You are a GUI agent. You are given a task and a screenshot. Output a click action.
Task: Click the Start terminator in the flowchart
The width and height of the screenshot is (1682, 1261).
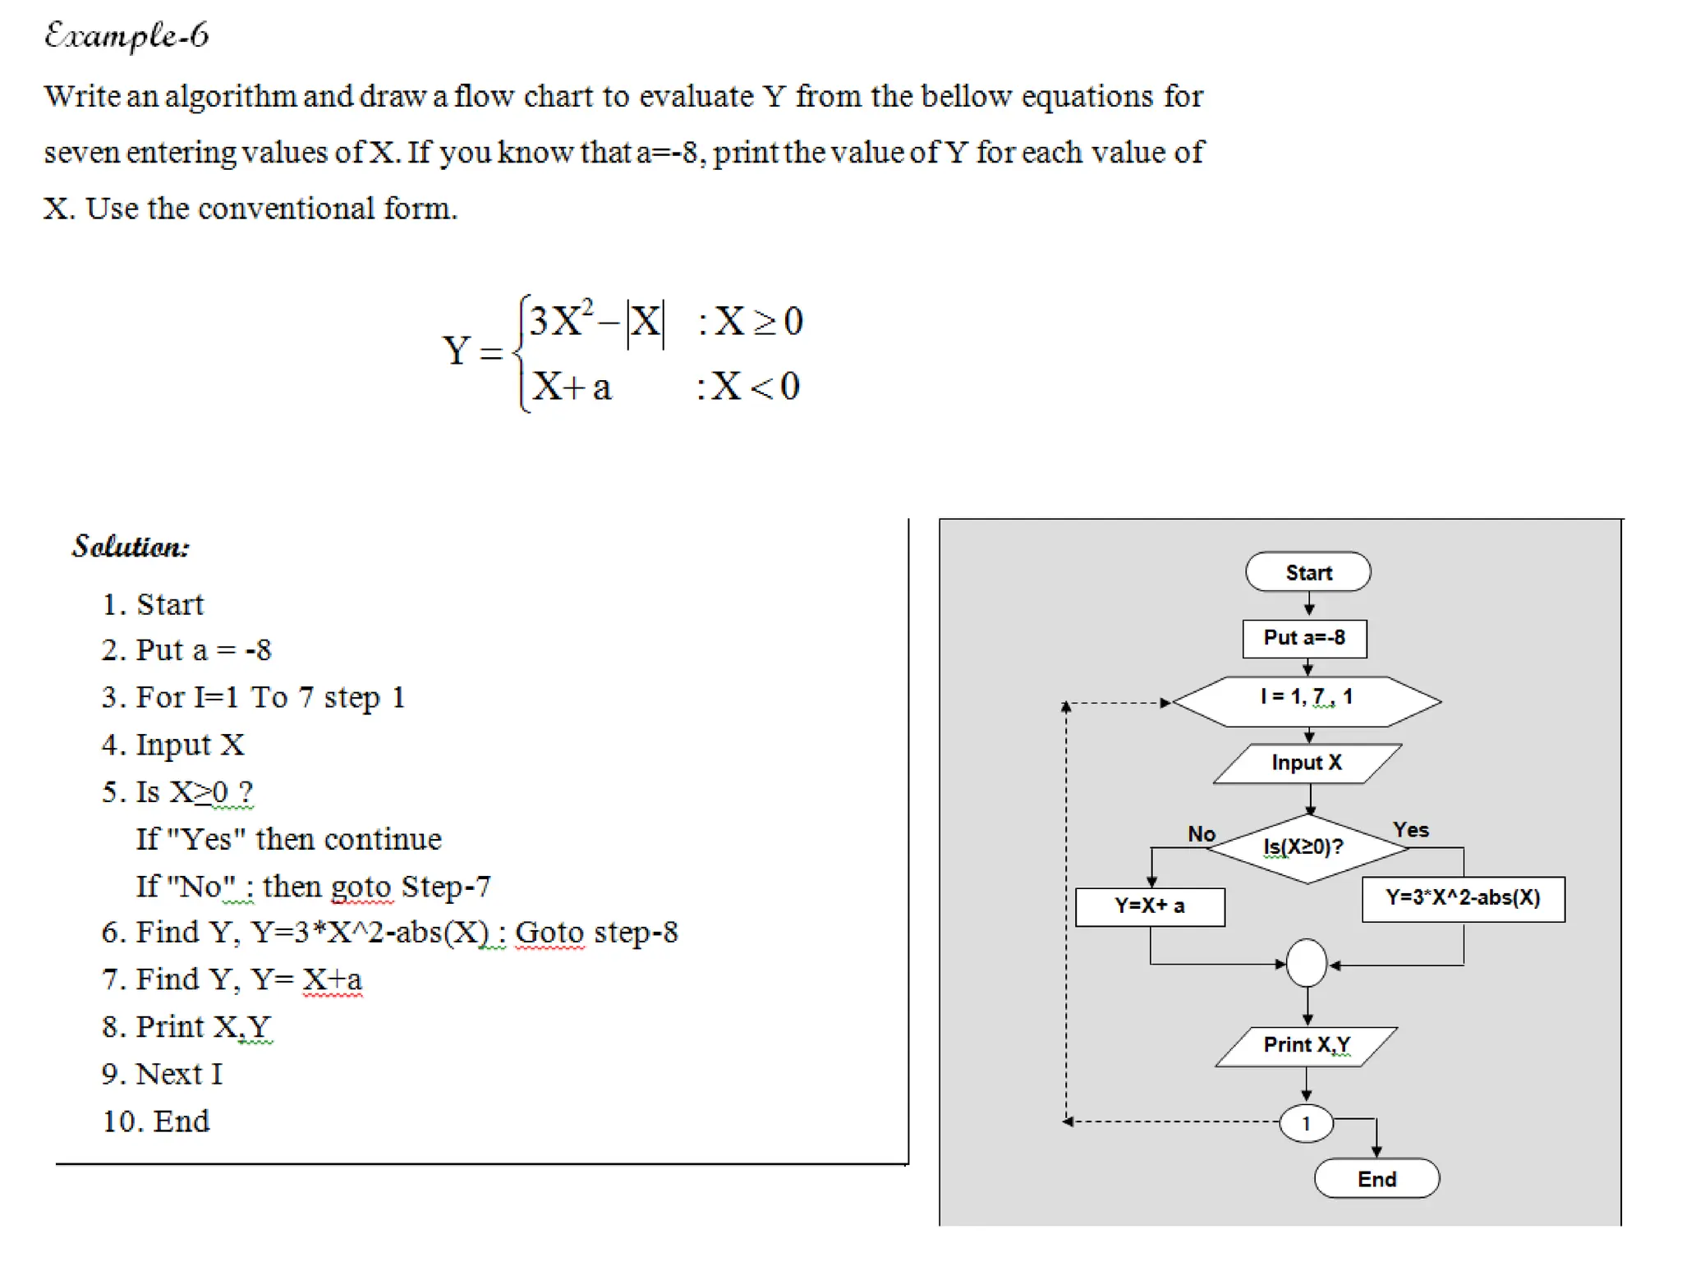1307,572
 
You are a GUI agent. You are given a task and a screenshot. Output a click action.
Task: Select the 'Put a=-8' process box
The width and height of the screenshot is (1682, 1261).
1304,638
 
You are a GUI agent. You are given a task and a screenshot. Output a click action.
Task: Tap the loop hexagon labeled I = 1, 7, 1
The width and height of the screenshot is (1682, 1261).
1306,700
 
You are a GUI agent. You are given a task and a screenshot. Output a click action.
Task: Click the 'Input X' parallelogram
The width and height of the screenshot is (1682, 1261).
1307,763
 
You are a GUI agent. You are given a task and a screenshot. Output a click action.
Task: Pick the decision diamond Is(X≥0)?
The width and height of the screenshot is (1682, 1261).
1306,847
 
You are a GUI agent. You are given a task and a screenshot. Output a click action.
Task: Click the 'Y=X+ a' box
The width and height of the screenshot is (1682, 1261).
1149,906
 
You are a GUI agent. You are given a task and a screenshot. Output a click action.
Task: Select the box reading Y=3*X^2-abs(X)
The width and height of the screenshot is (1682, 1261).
1463,898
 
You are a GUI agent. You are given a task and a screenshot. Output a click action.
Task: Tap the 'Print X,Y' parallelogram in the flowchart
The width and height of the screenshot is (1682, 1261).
1306,1045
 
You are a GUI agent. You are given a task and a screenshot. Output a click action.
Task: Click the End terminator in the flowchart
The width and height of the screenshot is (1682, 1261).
1376,1179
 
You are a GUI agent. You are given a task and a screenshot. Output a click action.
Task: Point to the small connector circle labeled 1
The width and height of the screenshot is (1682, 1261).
1306,1123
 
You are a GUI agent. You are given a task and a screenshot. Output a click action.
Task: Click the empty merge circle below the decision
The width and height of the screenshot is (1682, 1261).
1307,963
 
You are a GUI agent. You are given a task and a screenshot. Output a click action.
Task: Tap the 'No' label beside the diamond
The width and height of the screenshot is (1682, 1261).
1202,834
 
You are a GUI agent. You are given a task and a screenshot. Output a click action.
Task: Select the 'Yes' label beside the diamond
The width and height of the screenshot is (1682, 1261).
1411,830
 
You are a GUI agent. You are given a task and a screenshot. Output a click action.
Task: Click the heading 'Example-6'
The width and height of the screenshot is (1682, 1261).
126,36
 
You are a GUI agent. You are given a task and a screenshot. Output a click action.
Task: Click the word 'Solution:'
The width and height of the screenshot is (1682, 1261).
131,547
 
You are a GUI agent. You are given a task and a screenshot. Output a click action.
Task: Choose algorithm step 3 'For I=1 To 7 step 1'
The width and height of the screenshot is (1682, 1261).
255,697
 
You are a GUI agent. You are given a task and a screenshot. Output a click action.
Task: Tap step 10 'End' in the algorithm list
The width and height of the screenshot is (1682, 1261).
156,1121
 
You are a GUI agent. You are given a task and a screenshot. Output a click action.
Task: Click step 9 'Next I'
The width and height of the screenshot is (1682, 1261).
163,1074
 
